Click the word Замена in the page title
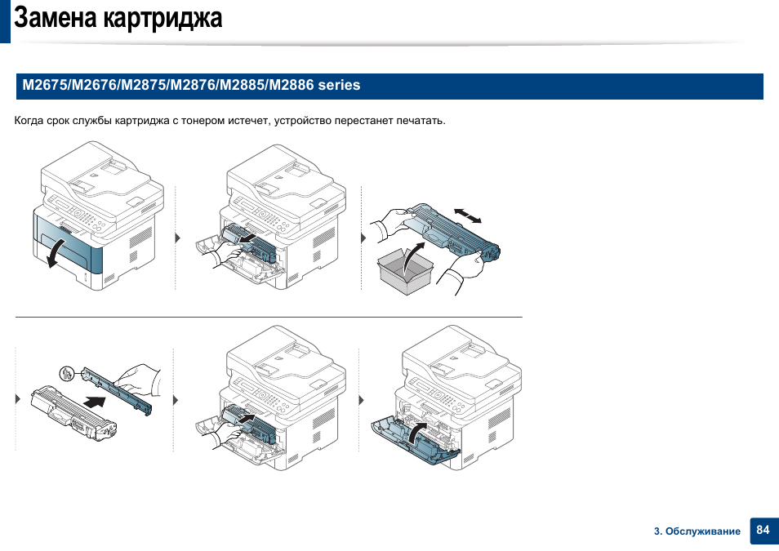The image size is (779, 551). (x=56, y=18)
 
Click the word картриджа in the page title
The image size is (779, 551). (x=162, y=19)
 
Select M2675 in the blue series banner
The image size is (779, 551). (x=45, y=85)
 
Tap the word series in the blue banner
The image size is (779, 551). (x=339, y=85)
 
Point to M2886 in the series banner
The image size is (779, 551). (x=292, y=85)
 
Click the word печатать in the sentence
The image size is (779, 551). (x=421, y=121)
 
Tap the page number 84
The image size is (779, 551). (x=763, y=530)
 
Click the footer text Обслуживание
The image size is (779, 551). (x=702, y=531)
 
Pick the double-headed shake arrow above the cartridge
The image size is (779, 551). (x=468, y=216)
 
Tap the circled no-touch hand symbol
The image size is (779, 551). (x=67, y=373)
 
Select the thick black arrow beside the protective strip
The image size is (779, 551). (x=95, y=401)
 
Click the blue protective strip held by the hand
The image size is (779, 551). (x=118, y=390)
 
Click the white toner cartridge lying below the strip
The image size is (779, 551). (x=73, y=413)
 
